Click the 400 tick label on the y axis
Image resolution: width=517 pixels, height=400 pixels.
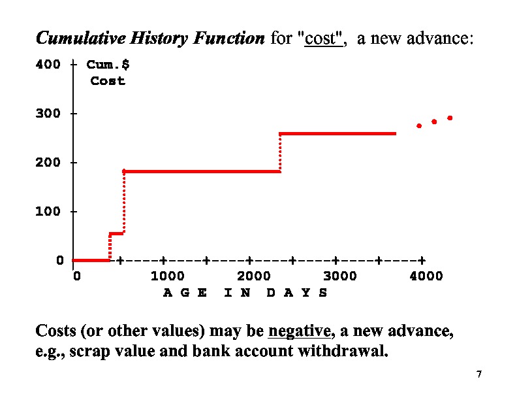pyautogui.click(x=48, y=65)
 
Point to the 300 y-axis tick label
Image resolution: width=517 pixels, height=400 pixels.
pyautogui.click(x=48, y=114)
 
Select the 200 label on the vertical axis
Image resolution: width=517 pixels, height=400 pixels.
pyautogui.click(x=48, y=163)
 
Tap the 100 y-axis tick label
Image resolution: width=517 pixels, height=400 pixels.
pyautogui.click(x=48, y=212)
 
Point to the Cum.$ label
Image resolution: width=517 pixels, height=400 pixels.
pyautogui.click(x=108, y=65)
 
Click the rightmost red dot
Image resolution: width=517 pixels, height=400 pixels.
pyautogui.click(x=450, y=118)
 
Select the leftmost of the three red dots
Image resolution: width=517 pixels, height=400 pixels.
pyautogui.click(x=419, y=125)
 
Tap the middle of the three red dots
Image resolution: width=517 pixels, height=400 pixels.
pyautogui.click(x=434, y=122)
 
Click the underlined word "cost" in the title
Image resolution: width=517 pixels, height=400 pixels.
pyautogui.click(x=320, y=39)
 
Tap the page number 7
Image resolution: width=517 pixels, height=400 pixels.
pyautogui.click(x=479, y=375)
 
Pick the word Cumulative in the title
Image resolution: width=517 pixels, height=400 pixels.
pyautogui.click(x=72, y=39)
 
